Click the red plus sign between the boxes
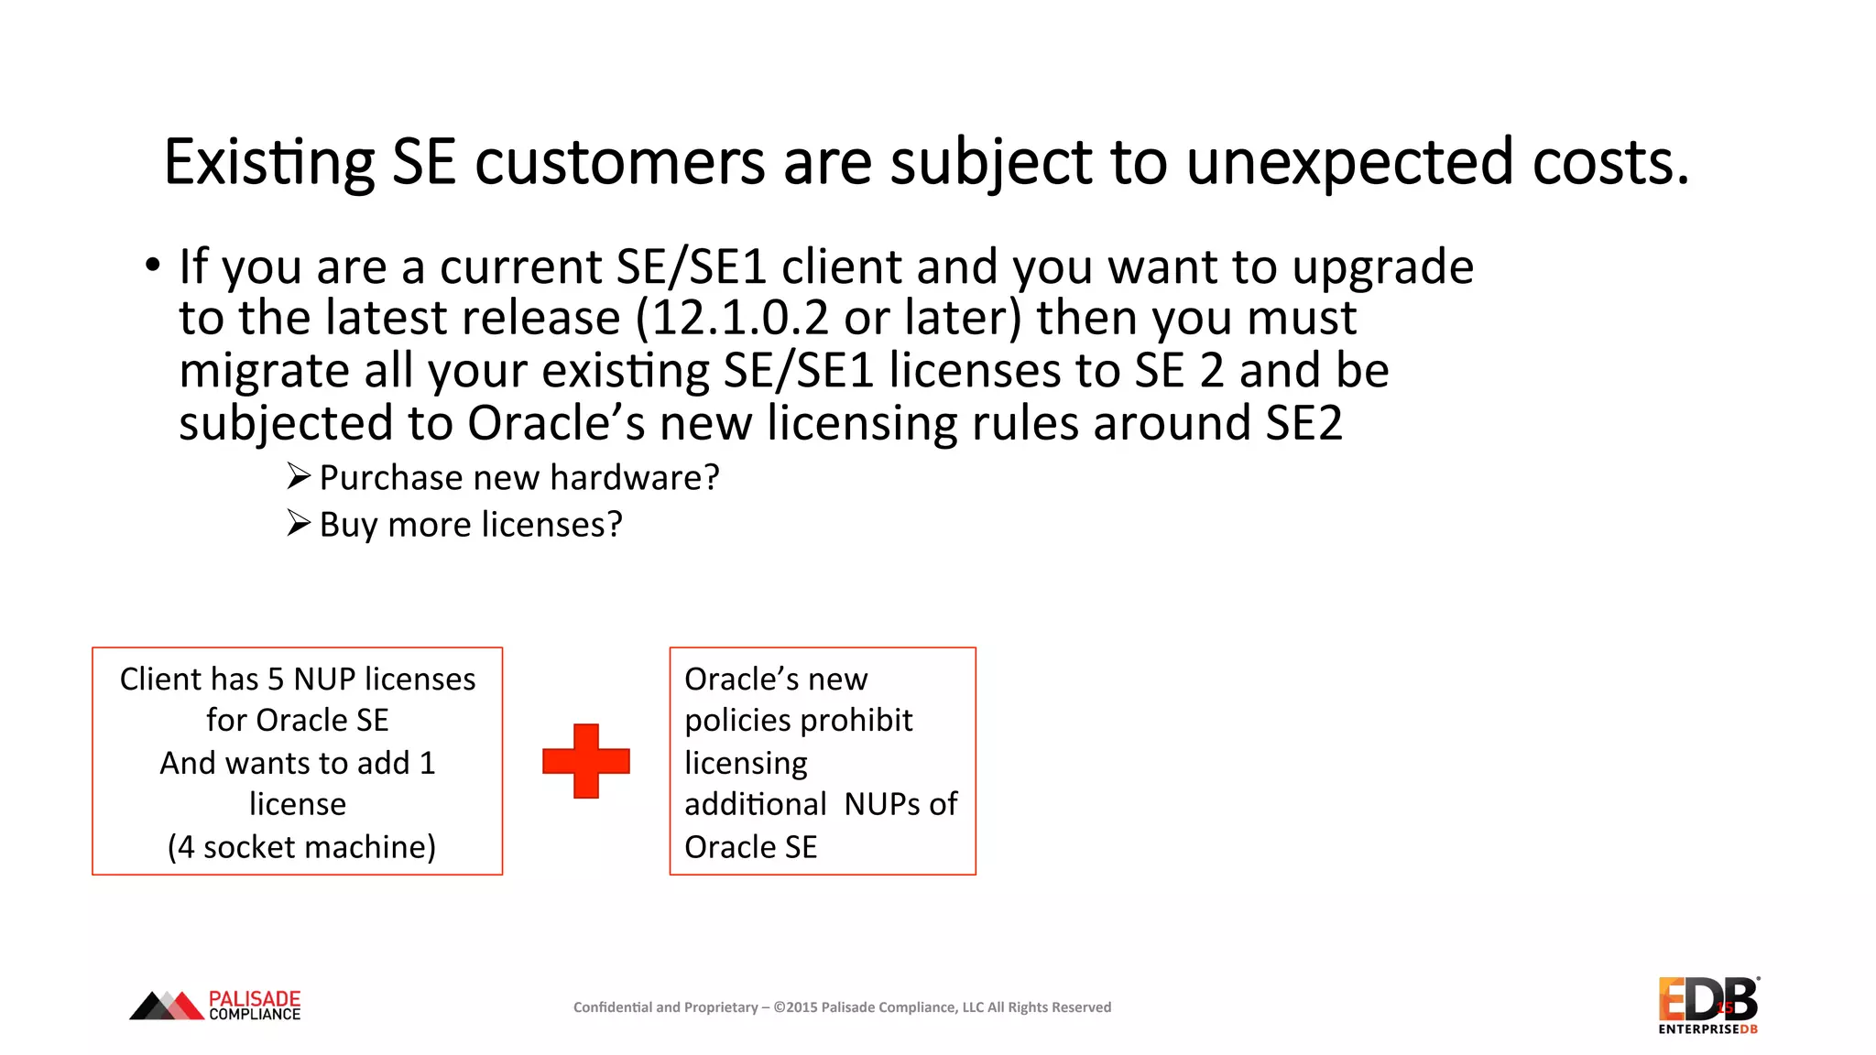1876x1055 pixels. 586,761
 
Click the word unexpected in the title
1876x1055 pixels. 1348,163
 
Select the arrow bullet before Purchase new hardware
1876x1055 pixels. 299,476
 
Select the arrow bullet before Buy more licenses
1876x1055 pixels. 299,523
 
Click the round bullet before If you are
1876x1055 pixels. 153,266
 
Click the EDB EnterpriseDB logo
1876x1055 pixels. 1707,1005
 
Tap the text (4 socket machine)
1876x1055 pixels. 301,847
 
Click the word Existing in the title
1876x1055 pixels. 269,163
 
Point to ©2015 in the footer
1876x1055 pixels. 795,1007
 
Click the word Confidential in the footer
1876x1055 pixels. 613,1007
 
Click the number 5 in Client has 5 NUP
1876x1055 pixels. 276,680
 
